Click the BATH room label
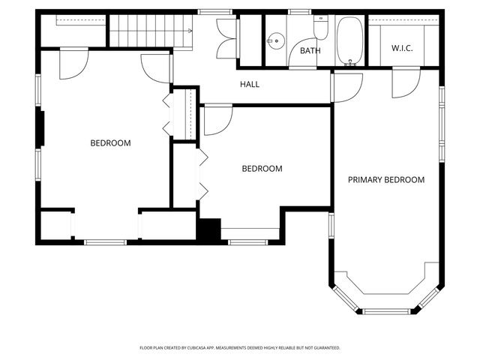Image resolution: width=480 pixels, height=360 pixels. coord(310,51)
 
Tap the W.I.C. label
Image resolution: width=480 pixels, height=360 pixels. coord(402,49)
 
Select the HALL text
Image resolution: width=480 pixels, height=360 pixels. coord(250,85)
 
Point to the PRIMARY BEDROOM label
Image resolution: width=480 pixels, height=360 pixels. coord(386,180)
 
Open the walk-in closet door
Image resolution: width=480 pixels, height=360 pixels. coord(403,82)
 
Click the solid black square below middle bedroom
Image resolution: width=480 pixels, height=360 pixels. coord(208,229)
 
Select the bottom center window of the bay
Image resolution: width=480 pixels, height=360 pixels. coord(386,310)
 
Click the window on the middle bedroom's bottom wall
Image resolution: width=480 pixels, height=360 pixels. coord(247,241)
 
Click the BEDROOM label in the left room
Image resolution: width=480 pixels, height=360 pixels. coord(111,143)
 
